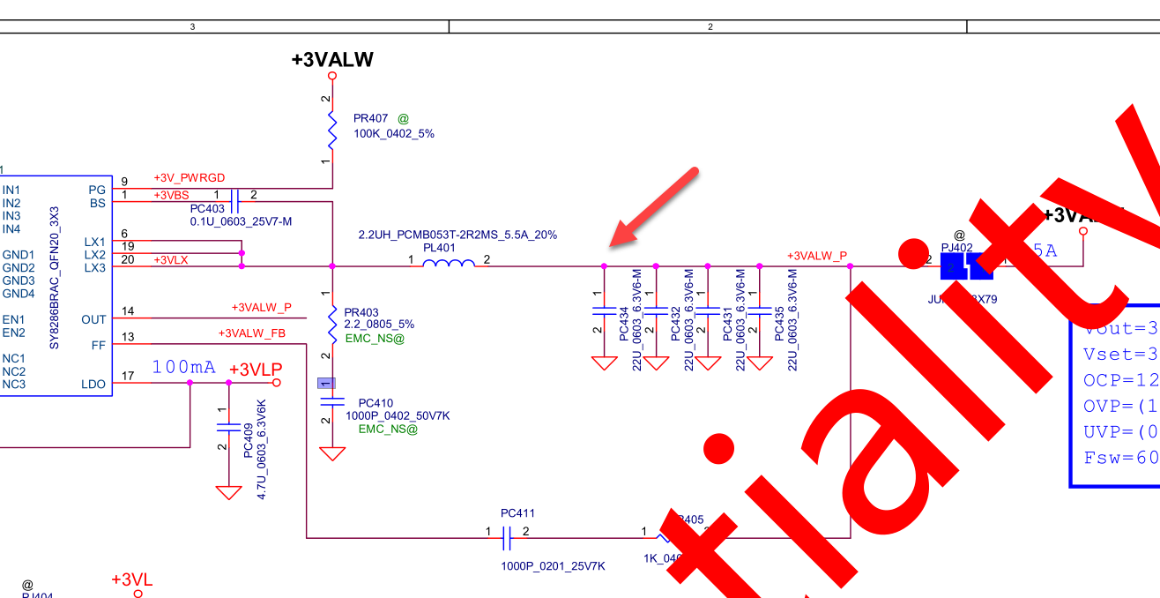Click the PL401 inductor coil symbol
[x=449, y=262]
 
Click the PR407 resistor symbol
[x=332, y=129]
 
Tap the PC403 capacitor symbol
[x=234, y=201]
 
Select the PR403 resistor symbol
[x=332, y=324]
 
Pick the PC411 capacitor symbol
[x=507, y=535]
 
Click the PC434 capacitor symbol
[x=604, y=310]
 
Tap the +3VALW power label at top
[x=332, y=60]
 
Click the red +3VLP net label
[x=255, y=369]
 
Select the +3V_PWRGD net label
[x=189, y=178]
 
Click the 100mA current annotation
[x=183, y=367]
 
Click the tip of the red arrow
[x=615, y=242]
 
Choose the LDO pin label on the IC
[x=93, y=385]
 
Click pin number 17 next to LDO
[x=128, y=377]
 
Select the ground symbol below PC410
[x=332, y=453]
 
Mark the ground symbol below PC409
[x=228, y=492]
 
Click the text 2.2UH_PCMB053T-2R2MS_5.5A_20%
[x=457, y=235]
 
